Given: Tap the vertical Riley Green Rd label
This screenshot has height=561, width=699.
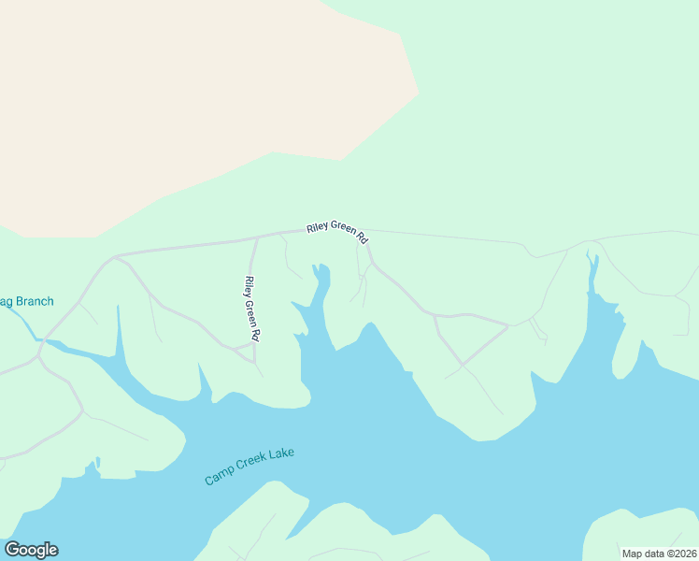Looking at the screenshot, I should tap(250, 308).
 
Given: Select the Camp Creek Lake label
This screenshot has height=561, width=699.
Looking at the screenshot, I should tap(250, 466).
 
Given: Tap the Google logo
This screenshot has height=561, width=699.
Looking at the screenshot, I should tap(31, 550).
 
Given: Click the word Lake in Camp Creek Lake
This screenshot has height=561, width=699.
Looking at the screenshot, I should tap(280, 454).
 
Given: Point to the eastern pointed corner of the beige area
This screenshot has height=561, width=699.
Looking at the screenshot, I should tap(417, 93).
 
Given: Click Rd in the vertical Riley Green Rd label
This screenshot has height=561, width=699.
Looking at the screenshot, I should tap(253, 333).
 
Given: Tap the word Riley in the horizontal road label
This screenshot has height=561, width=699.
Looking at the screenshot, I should tap(319, 229).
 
